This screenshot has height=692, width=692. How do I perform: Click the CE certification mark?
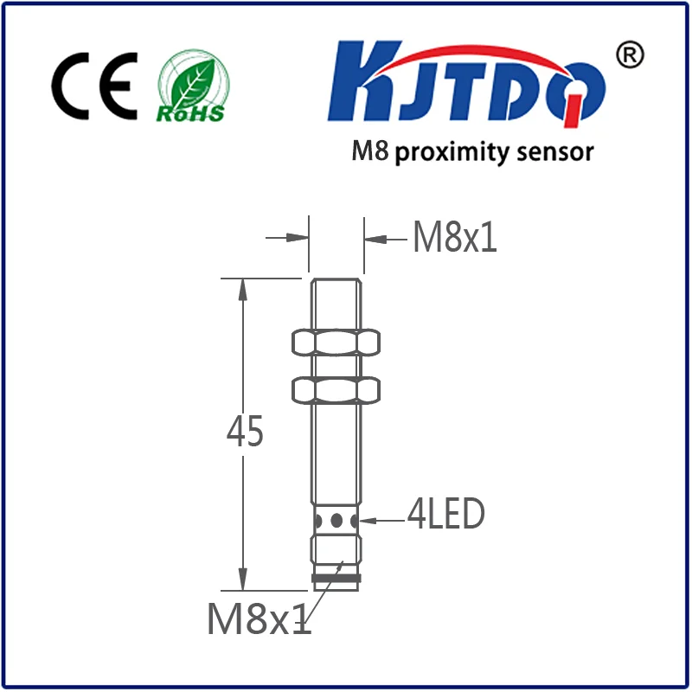pos(94,87)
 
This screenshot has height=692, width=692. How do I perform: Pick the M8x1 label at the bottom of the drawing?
pos(258,618)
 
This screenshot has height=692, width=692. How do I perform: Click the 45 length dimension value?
pos(244,432)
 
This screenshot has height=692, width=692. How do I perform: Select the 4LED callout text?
pos(445,516)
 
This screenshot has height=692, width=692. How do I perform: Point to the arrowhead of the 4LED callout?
pos(368,521)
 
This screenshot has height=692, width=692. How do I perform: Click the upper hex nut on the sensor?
pos(336,342)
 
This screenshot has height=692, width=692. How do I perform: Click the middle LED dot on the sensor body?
pos(336,521)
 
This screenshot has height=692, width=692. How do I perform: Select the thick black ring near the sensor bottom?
pos(336,578)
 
